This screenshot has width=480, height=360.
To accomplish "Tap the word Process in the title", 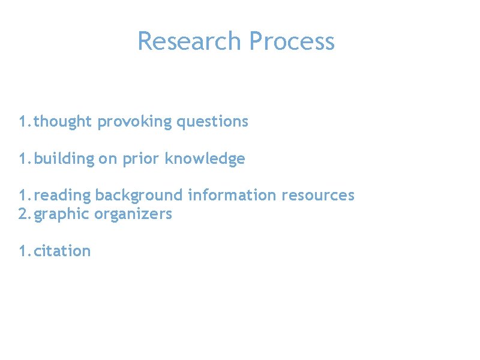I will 292,41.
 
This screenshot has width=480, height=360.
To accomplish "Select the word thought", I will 63,122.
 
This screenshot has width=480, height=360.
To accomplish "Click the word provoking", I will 134,122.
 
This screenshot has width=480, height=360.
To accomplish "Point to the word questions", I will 212,122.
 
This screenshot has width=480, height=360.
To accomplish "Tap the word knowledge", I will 205,159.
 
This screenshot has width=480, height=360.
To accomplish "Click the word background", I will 139,196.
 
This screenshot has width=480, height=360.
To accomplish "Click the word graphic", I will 62,214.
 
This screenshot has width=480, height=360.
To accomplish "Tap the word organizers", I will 133,214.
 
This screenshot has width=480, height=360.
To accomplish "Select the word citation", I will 62,251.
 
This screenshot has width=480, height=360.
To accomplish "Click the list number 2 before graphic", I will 23,214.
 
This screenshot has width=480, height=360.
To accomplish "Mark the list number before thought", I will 23,122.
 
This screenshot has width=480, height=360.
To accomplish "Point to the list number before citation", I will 23,251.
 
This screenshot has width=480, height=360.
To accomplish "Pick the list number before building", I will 23,159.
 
